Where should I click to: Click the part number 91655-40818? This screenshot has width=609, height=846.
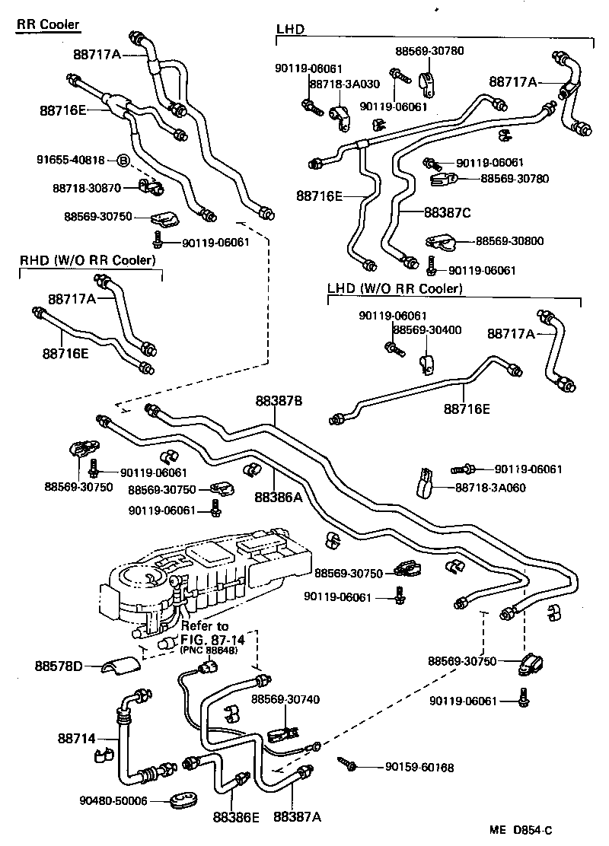[71, 160]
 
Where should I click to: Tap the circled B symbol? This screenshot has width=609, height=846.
[123, 160]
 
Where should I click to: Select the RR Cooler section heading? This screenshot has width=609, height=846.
[48, 25]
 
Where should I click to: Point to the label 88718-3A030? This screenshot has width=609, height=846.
[336, 84]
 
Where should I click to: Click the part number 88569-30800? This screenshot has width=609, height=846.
[509, 241]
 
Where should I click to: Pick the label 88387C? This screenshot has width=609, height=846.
[448, 212]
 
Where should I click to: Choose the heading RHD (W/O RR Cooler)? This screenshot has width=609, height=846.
[88, 260]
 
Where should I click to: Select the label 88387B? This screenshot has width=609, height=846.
[279, 400]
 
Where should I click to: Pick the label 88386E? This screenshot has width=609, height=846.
[236, 817]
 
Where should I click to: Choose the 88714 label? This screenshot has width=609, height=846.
[76, 738]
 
